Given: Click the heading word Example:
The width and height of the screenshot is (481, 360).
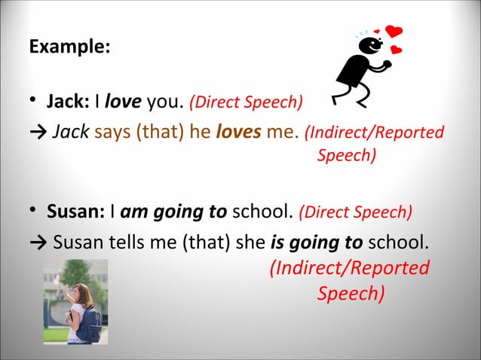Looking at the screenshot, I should pyautogui.click(x=69, y=46).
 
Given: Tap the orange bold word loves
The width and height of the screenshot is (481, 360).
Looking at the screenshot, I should pyautogui.click(x=239, y=133).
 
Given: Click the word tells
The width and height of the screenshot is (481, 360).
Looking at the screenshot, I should pyautogui.click(x=132, y=243).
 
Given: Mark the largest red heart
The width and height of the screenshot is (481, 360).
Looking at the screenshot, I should pyautogui.click(x=394, y=31).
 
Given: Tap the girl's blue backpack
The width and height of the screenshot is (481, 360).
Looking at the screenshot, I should pyautogui.click(x=89, y=325).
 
